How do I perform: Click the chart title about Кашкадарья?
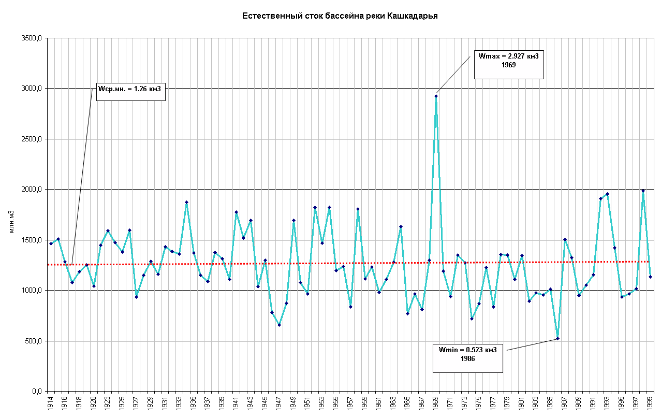click(340, 16)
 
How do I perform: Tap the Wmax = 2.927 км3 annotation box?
click(509, 64)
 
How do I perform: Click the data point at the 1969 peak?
click(436, 96)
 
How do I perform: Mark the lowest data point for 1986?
click(557, 338)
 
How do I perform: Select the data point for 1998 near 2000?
click(643, 191)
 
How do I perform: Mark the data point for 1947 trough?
click(279, 325)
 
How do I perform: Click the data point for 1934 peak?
click(186, 202)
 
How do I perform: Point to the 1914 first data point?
click(51, 243)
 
